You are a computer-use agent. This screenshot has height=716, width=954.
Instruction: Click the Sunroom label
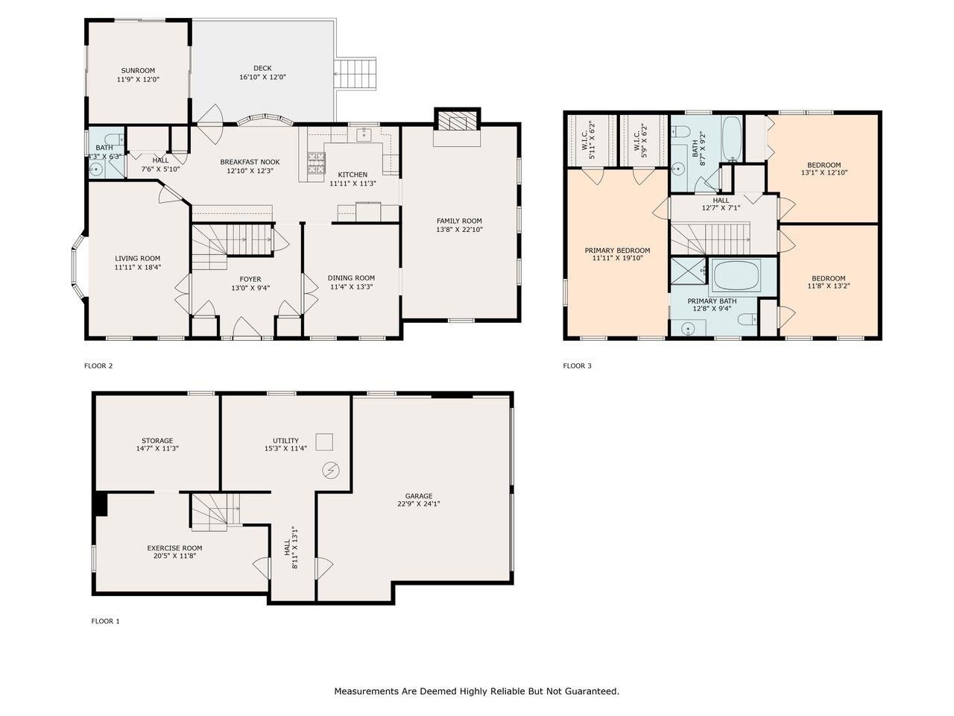pyautogui.click(x=138, y=70)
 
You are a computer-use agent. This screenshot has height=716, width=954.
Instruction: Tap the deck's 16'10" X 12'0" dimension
pyautogui.click(x=262, y=78)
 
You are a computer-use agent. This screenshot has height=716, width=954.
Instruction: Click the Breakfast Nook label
pyautogui.click(x=250, y=162)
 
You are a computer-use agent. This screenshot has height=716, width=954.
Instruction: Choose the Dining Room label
pyautogui.click(x=351, y=277)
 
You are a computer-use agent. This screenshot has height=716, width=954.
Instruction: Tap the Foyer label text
pyautogui.click(x=250, y=279)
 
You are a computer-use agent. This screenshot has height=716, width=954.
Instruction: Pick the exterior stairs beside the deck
pyautogui.click(x=354, y=75)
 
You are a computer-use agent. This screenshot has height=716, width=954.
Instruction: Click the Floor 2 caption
pyautogui.click(x=98, y=365)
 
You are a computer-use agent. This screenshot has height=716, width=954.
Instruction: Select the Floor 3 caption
pyautogui.click(x=577, y=365)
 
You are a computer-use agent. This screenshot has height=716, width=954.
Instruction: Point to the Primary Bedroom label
pyautogui.click(x=617, y=251)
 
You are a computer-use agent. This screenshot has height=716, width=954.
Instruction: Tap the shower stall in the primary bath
pyautogui.click(x=689, y=271)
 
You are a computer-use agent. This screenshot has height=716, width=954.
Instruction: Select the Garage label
pyautogui.click(x=419, y=496)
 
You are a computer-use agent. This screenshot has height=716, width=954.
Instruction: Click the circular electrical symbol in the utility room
pyautogui.click(x=331, y=470)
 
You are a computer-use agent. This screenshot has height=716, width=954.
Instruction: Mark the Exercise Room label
pyautogui.click(x=174, y=547)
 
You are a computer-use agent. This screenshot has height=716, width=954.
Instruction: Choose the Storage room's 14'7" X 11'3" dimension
pyautogui.click(x=157, y=448)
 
